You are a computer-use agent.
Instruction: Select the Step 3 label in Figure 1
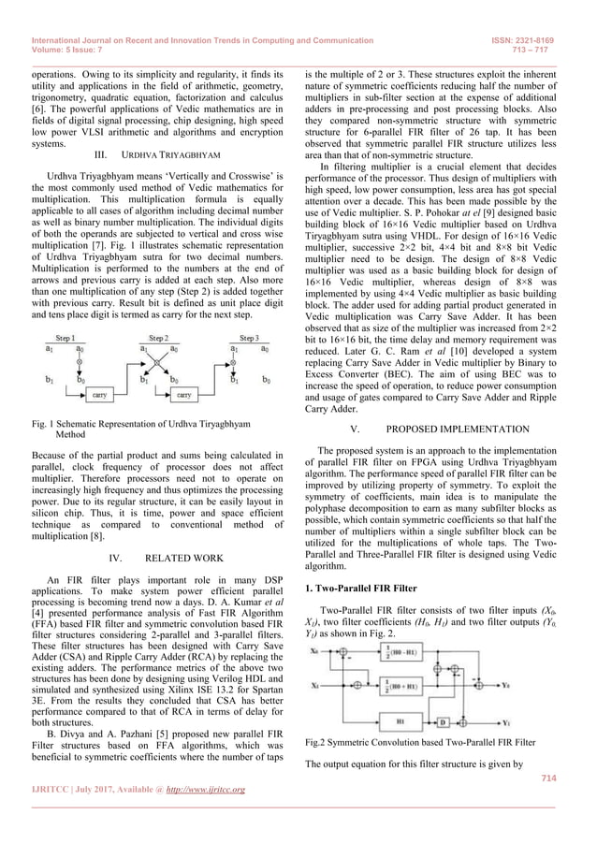coord(248,337)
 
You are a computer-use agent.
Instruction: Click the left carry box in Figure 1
coord(100,396)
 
